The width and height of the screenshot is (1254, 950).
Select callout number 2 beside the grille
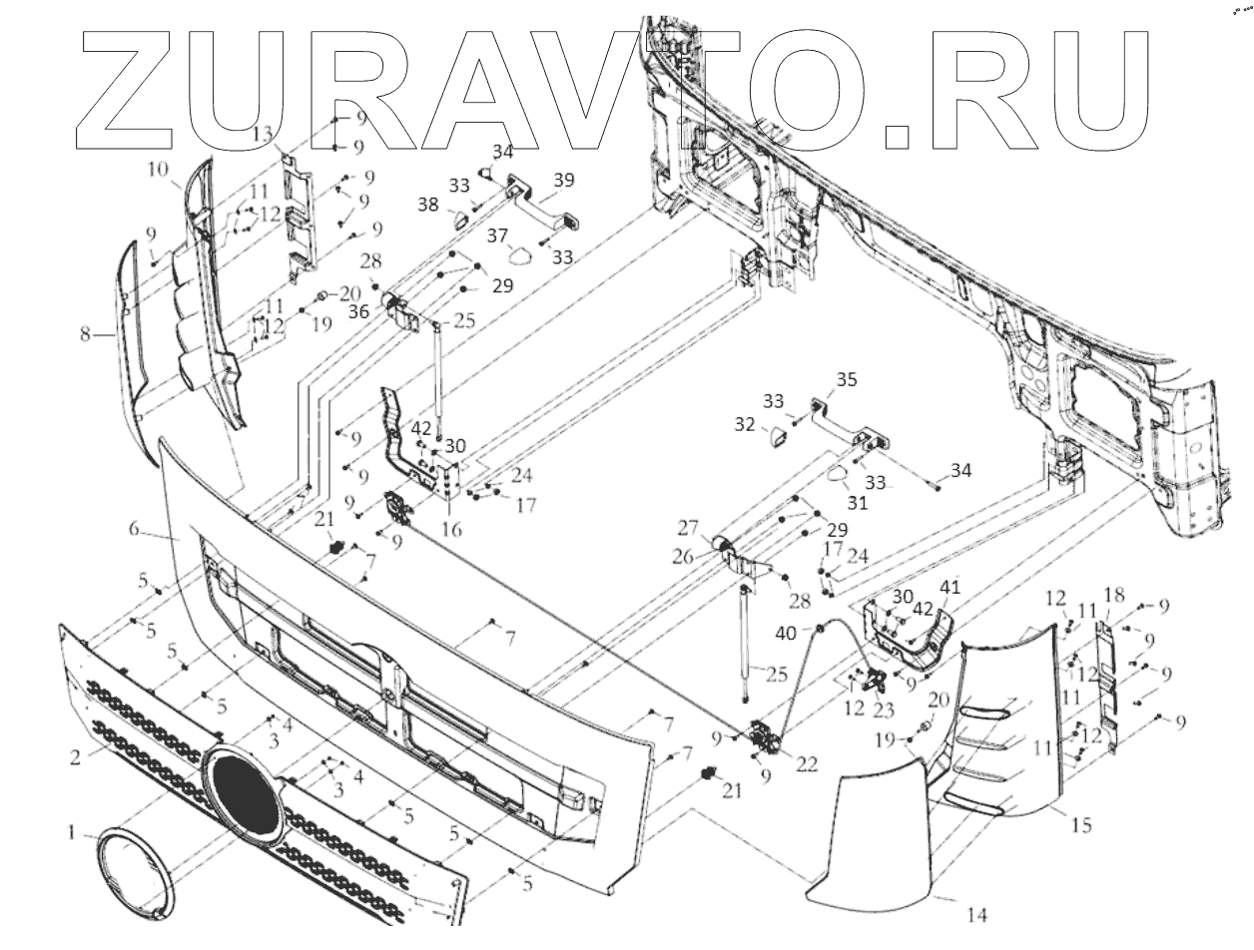[x=75, y=756]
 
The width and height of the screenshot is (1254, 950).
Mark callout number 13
[x=263, y=134]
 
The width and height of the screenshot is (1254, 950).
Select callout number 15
[x=1080, y=825]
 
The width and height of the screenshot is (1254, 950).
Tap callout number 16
[x=451, y=530]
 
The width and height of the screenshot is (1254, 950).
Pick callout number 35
[x=847, y=380]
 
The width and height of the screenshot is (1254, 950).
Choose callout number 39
[x=564, y=180]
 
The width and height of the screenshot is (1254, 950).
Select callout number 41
[x=948, y=588]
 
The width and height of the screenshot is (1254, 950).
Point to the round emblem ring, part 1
[x=136, y=864]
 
